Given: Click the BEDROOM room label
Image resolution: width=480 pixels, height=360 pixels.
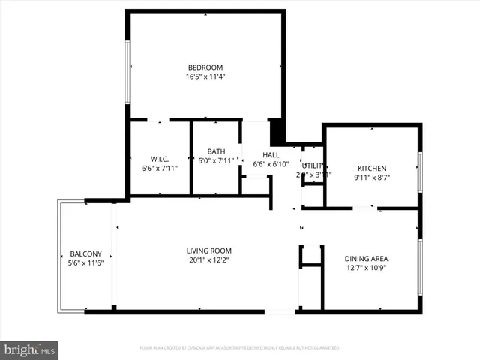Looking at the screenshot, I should coord(205,67).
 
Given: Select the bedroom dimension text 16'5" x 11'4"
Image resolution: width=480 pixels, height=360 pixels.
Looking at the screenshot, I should coord(205,76).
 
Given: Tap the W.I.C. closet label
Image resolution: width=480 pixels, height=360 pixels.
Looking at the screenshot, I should coord(159,159).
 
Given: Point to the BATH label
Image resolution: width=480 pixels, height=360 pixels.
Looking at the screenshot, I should coord(216,151).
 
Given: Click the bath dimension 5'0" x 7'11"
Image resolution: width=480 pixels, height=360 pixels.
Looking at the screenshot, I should coord(216,160).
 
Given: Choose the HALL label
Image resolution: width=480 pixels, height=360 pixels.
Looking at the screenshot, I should coord(271,155).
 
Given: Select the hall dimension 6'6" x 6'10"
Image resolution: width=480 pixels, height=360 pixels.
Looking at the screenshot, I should coord(271,164).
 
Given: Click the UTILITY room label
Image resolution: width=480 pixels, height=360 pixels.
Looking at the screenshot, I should coord(312,166).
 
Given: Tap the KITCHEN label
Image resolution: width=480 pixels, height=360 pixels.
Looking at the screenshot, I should coord(372,168).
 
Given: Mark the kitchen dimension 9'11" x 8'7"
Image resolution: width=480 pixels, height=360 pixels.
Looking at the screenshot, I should coord(372,178).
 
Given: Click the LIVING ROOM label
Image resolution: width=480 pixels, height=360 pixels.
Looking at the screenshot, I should coord(209,250).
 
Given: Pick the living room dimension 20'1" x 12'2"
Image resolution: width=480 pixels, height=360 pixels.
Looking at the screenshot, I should coord(209,260).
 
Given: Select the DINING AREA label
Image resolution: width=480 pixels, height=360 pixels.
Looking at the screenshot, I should coord(367,258).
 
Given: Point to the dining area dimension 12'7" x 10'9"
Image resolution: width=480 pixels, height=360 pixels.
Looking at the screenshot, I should coord(367,268).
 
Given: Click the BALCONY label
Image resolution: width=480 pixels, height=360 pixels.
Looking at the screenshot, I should coord(85,253).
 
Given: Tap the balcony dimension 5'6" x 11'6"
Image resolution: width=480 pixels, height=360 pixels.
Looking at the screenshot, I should coord(85,263).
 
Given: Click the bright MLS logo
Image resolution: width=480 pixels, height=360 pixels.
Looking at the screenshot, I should coord(30,349).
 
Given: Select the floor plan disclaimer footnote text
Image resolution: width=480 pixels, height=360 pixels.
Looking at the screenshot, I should coord(239,348).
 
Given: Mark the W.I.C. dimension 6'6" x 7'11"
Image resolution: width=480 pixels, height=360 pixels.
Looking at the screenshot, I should coord(159,169).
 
